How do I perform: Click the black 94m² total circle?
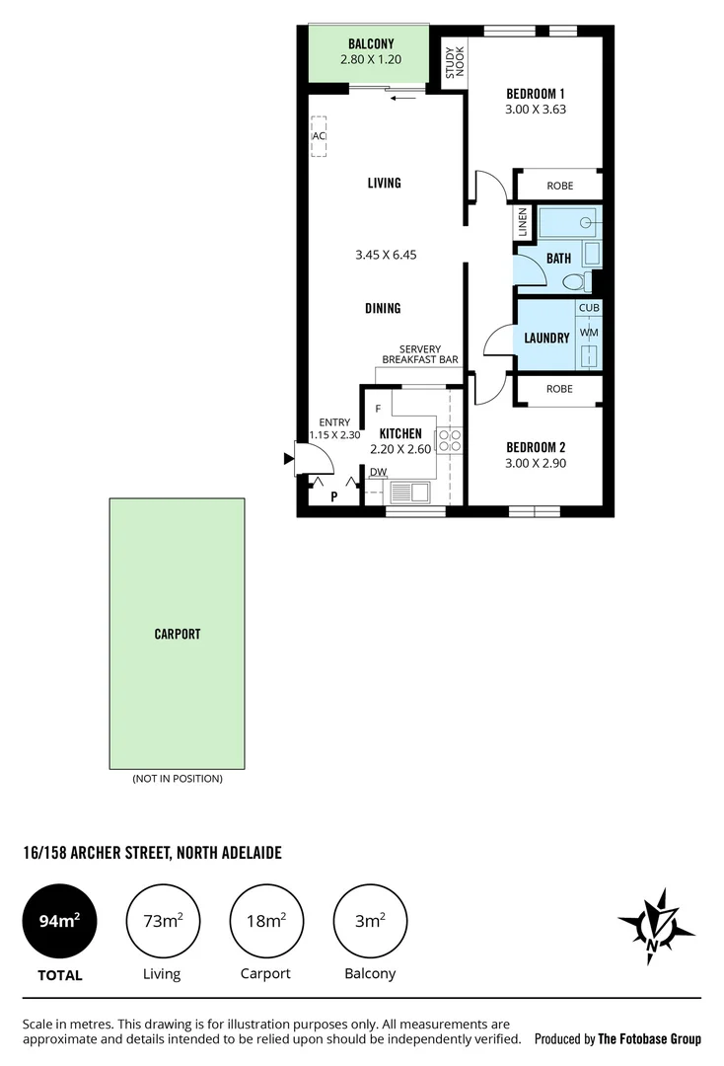[x=59, y=922]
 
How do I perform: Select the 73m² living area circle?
[x=163, y=922]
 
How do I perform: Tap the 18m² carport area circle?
[x=266, y=922]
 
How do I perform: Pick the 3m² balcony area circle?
[x=370, y=922]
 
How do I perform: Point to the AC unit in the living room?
[x=319, y=136]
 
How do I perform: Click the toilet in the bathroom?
[x=574, y=282]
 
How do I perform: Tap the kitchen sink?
[x=409, y=492]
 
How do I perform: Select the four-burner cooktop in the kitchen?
[x=450, y=440]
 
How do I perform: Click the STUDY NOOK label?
[x=453, y=62]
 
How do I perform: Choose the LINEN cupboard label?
[x=523, y=222]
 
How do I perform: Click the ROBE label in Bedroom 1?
[x=559, y=185]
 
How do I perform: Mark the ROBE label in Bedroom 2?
[x=559, y=389]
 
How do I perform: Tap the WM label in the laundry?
[x=588, y=333]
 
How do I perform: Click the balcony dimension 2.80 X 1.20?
[x=371, y=59]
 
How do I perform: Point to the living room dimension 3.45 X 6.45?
[x=386, y=255]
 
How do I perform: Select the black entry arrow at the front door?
[x=289, y=458]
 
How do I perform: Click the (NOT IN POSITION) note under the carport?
[x=178, y=779]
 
